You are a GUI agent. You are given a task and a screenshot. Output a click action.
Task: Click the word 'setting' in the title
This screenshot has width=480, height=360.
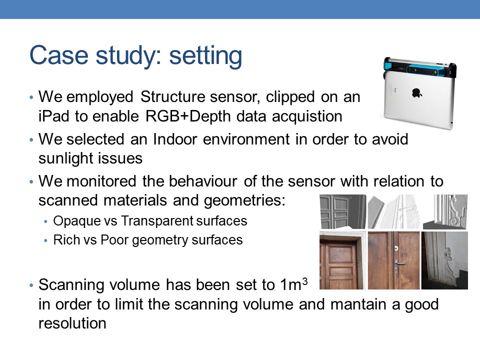[205, 55]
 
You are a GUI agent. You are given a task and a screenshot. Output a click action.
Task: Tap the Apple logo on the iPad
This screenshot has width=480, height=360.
[416, 93]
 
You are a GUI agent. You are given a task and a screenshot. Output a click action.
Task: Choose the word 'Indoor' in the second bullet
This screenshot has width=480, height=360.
[175, 139]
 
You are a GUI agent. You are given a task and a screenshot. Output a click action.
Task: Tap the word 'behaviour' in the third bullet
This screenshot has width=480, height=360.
[203, 181]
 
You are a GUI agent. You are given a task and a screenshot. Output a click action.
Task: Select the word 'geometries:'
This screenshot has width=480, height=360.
[244, 200]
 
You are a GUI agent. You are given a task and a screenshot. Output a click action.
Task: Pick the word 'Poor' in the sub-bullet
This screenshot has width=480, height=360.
[114, 239]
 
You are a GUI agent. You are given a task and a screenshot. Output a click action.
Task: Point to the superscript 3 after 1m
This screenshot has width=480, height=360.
[304, 281]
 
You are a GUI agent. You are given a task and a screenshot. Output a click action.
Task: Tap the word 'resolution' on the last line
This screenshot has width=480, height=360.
[72, 323]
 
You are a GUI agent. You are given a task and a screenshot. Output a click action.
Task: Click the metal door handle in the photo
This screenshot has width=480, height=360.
[400, 263]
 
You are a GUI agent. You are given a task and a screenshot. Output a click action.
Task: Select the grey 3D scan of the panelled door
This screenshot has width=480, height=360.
[342, 211]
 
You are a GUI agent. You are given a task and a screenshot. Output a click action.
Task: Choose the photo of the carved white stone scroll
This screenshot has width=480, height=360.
[444, 260]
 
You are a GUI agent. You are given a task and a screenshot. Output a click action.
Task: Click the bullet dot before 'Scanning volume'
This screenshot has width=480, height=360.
[31, 285]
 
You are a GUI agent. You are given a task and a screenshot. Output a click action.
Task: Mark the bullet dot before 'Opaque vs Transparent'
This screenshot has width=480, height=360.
[45, 221]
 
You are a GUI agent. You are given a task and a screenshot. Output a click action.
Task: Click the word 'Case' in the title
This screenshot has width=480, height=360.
[59, 55]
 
